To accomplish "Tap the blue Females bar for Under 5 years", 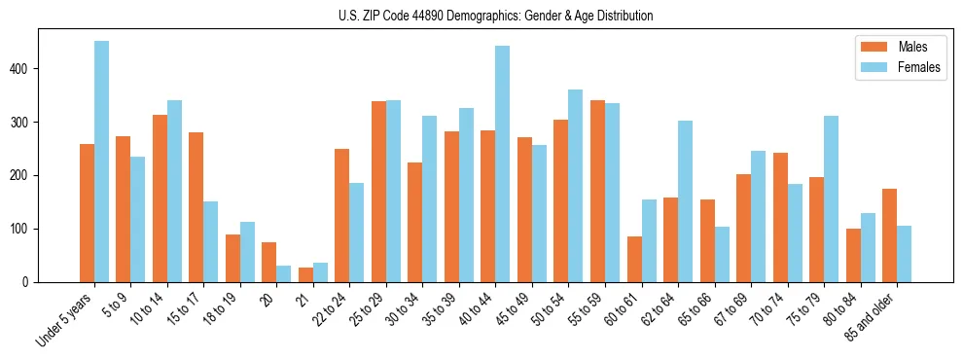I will [x=101, y=162].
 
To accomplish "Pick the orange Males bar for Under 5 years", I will [x=87, y=213].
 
